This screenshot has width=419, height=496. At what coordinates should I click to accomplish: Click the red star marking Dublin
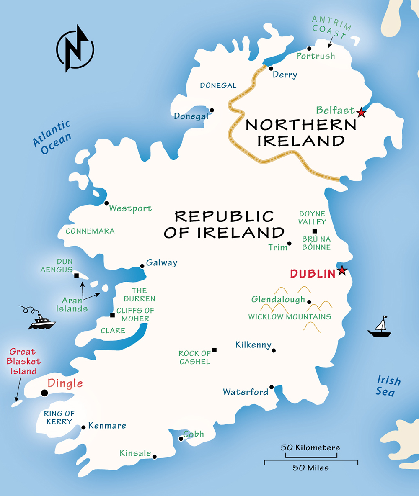[342, 270]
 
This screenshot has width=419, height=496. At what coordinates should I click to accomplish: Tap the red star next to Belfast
[361, 112]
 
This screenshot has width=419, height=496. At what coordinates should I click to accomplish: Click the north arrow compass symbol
[75, 49]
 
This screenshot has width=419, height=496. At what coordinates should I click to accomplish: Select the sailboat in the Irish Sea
[380, 327]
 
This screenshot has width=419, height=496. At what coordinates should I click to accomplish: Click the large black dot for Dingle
[44, 393]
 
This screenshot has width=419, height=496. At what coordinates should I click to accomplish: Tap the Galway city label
[161, 263]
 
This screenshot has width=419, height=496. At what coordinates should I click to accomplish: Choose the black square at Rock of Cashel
[214, 350]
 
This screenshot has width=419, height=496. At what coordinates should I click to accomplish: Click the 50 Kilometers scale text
[310, 447]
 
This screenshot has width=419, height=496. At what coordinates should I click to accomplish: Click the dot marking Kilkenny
[274, 351]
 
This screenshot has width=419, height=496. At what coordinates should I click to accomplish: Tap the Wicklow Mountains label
[290, 317]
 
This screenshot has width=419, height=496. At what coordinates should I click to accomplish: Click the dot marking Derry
[271, 68]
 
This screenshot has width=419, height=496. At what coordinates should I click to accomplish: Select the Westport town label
[130, 208]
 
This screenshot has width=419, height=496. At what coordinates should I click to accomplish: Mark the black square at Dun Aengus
[76, 275]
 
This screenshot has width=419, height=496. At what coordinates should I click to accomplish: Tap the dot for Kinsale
[154, 457]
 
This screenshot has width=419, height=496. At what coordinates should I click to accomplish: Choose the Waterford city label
[246, 392]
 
